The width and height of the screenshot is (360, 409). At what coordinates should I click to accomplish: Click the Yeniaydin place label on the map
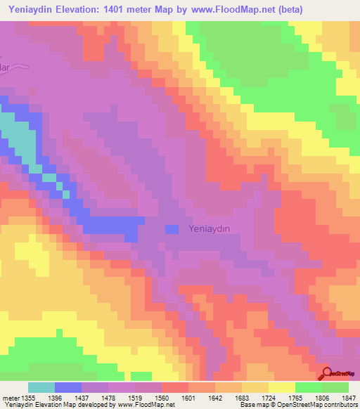pyautogui.click(x=210, y=228)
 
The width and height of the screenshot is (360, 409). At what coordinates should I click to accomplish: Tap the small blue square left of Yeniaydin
pyautogui.click(x=172, y=229)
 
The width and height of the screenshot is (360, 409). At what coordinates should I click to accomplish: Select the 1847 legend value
pyautogui.click(x=348, y=398)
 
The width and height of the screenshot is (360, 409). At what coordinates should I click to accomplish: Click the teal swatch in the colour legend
pyautogui.click(x=41, y=387)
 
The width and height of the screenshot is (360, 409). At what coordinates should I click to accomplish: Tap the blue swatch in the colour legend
pyautogui.click(x=68, y=387)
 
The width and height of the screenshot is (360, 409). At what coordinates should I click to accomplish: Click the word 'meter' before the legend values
pyautogui.click(x=10, y=398)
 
